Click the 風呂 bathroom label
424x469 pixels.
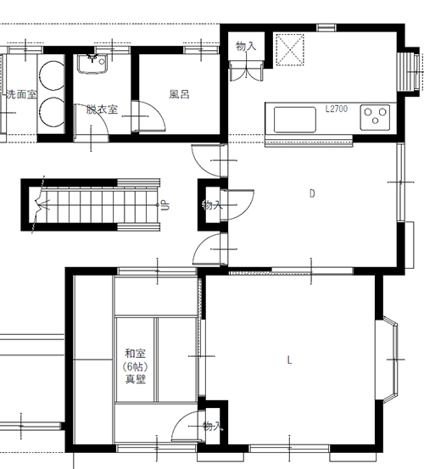click(x=179, y=94)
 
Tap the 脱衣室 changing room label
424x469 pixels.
click(x=102, y=109)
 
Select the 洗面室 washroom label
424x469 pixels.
click(x=22, y=94)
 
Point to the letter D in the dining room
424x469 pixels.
click(x=312, y=194)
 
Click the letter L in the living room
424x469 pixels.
click(x=289, y=360)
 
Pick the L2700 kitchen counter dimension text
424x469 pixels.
click(x=337, y=109)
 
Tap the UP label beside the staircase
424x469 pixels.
click(x=165, y=206)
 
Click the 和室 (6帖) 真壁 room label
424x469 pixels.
click(x=136, y=366)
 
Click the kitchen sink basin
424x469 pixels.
click(x=295, y=120)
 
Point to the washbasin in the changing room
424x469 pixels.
click(x=92, y=64)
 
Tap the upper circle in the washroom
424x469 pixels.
click(x=53, y=75)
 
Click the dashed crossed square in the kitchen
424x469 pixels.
click(x=290, y=49)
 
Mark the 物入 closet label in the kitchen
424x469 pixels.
click(x=246, y=46)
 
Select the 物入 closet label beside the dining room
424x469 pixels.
click(x=212, y=205)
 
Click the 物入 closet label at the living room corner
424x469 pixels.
click(x=213, y=426)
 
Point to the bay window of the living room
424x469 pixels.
click(x=387, y=360)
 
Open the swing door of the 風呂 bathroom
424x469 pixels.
click(x=148, y=116)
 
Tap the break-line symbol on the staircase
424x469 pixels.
click(x=39, y=205)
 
